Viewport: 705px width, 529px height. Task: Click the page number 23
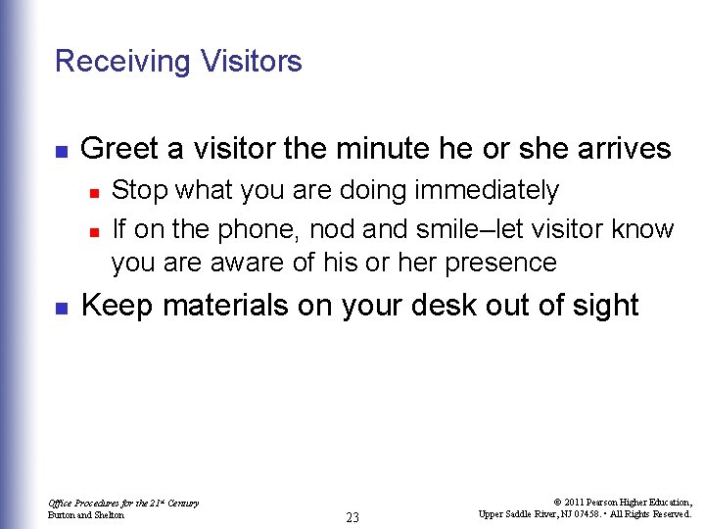pyautogui.click(x=352, y=517)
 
